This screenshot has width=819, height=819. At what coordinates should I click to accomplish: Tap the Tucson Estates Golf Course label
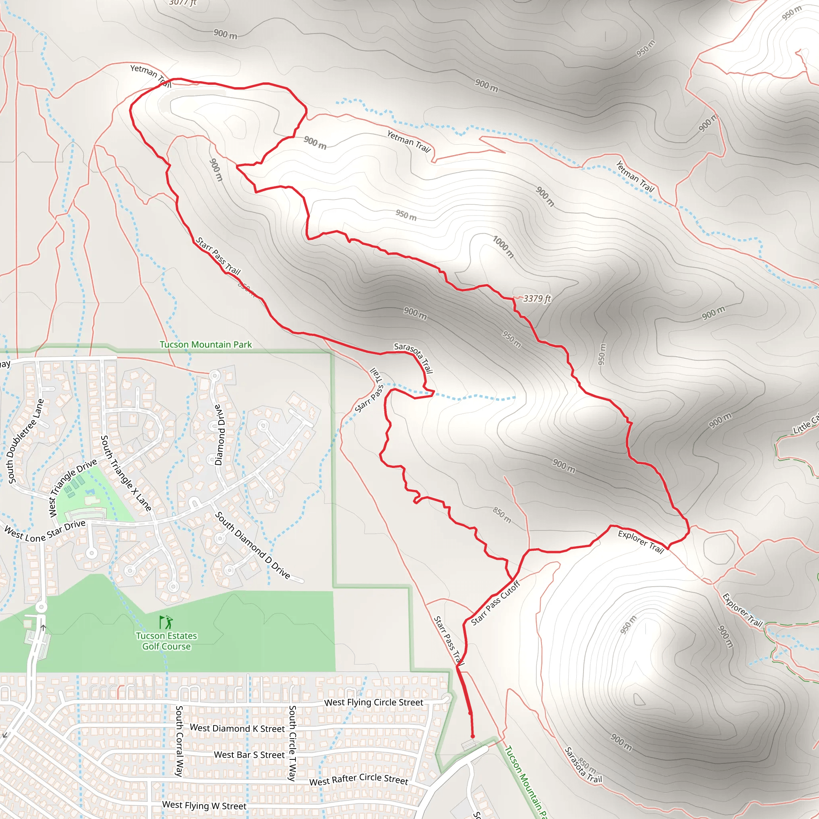pos(166,641)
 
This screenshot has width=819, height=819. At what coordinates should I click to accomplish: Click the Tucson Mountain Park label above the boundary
pos(206,345)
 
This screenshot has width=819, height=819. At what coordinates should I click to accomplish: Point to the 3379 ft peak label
pos(537,298)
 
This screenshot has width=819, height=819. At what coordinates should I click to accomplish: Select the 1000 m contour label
pos(503,247)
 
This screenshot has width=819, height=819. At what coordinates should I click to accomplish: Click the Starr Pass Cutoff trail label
pos(495,603)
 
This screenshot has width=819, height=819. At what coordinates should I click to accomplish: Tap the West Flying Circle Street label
pos(374,702)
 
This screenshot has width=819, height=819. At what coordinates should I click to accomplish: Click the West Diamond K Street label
pos(238,728)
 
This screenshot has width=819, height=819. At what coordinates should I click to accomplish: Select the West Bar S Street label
pos(249,755)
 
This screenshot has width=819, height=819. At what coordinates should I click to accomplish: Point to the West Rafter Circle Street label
pos(359,779)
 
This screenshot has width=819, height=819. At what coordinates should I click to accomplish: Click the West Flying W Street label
pos(204,805)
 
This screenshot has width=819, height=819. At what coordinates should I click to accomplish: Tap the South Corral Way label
pos(179,741)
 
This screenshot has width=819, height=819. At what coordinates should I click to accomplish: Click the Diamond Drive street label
pos(219,435)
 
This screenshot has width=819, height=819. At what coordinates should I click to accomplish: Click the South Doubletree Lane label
pos(26,441)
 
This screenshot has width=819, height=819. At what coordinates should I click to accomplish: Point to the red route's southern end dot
pos(473,737)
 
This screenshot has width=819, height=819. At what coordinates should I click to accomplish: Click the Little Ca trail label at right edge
pos(806,424)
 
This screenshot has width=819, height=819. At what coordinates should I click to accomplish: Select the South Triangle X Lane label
pos(126,473)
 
